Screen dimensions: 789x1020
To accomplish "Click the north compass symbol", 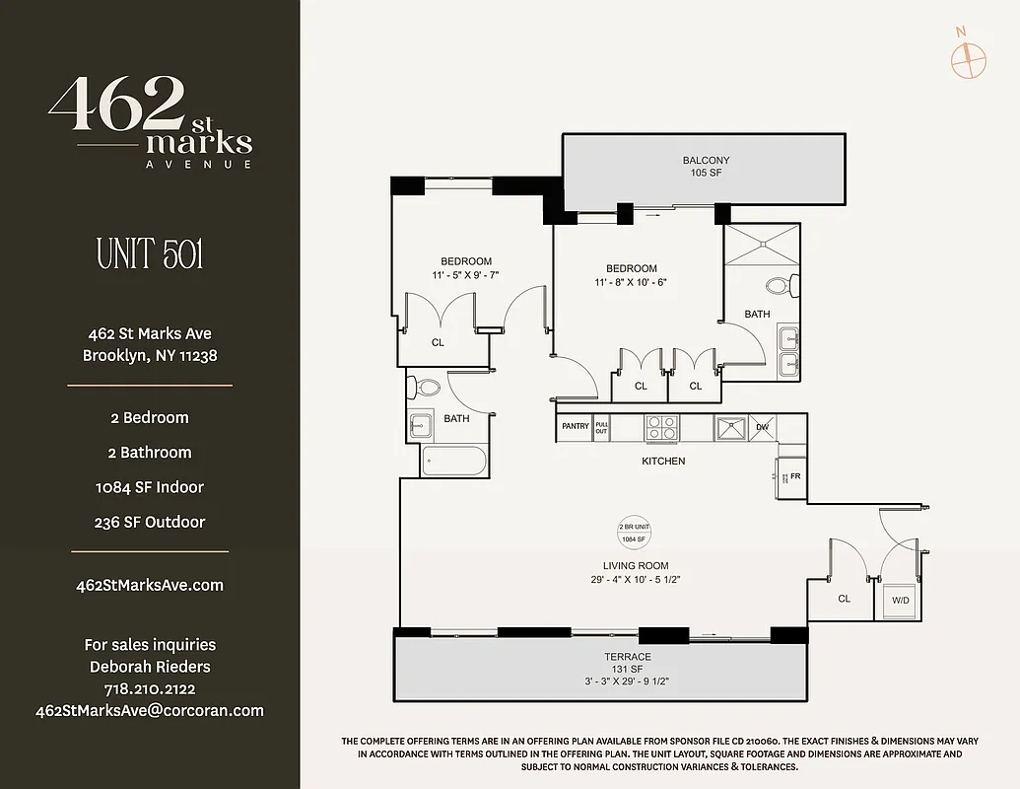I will (x=968, y=58).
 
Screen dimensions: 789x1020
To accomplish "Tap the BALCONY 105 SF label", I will (x=706, y=167).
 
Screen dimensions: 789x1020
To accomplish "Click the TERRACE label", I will (x=628, y=657).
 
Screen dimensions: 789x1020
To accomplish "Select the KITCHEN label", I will (x=663, y=461).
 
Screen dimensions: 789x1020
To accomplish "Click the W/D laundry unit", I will (x=900, y=599).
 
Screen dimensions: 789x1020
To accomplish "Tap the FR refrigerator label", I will (x=795, y=475).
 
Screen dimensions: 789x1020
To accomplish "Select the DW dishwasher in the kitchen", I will (x=762, y=427).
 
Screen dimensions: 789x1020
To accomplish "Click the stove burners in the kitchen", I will (x=661, y=427).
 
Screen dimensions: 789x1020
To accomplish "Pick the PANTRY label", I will (x=575, y=426).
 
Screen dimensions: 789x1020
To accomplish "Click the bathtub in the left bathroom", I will (x=453, y=463).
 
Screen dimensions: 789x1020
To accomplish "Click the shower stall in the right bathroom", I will (x=761, y=243).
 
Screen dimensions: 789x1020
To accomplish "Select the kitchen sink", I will (x=731, y=427).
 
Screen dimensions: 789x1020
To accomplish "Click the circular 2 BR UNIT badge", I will (x=632, y=533).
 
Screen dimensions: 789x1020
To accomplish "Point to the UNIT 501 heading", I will (x=150, y=254).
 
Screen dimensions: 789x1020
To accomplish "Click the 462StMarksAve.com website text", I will (x=150, y=585).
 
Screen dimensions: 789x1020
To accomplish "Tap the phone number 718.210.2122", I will (x=150, y=688).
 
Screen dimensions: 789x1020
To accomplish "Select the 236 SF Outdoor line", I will (x=150, y=522).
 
